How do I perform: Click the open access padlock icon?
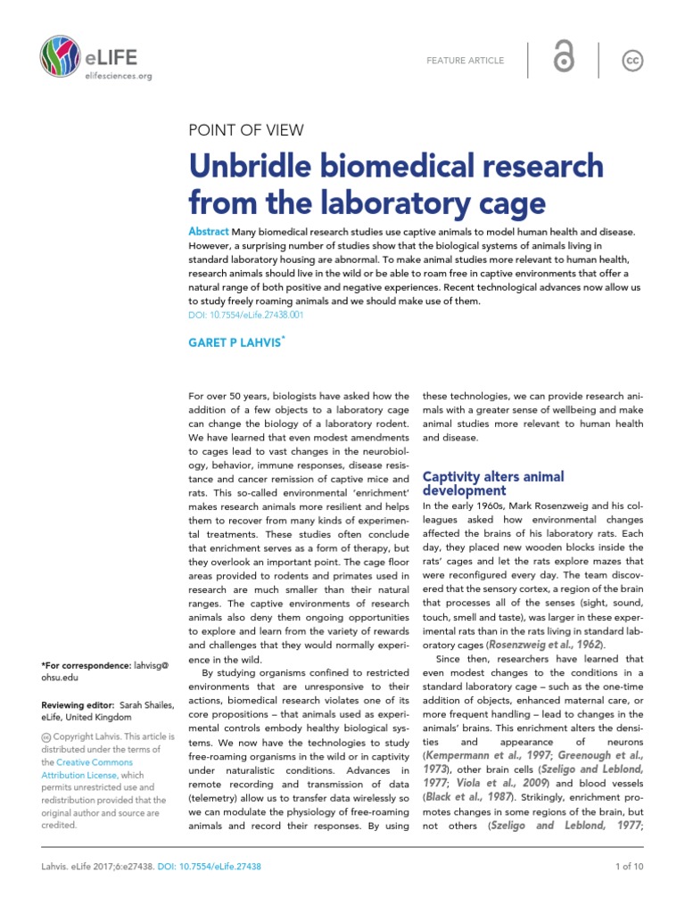563,60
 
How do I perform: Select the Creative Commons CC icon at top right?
632,60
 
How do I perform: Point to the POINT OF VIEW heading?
246,130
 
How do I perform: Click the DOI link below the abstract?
245,315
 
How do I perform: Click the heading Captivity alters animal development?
492,483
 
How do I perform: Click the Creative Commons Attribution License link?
93,776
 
